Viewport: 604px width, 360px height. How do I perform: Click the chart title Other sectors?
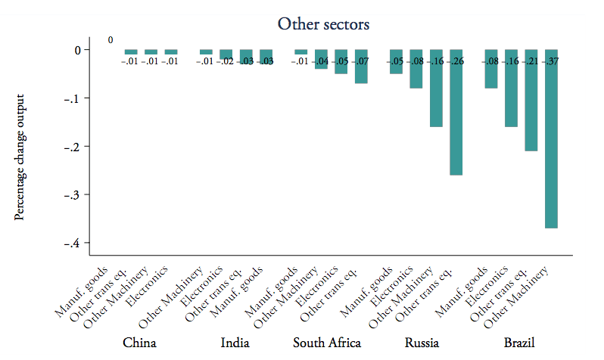[x=323, y=24]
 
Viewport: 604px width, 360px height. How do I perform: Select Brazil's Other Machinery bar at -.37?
[x=551, y=144]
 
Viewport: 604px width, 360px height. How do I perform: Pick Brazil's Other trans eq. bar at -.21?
[x=531, y=106]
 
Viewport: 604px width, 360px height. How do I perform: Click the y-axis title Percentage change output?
[x=20, y=157]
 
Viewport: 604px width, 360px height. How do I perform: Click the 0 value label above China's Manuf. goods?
[x=111, y=40]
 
